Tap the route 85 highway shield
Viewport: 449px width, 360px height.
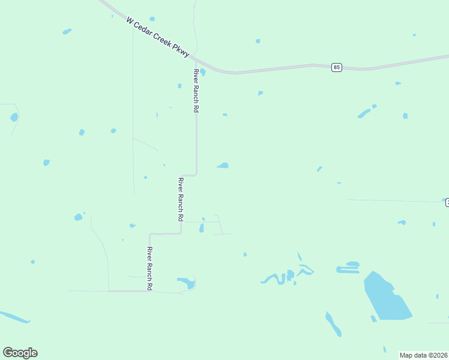coord(336,67)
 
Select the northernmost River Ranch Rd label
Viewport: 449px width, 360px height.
coord(196,91)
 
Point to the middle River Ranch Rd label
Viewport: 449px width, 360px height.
coord(180,199)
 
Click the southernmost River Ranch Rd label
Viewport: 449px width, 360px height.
coord(150,269)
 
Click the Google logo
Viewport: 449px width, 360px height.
coord(20,353)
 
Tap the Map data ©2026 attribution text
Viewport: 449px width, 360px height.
coord(424,355)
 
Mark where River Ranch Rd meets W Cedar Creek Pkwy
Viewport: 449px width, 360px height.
coord(196,60)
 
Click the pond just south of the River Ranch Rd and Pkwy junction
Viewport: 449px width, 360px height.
coord(203,73)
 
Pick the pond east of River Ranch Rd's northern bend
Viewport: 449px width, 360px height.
coord(223,165)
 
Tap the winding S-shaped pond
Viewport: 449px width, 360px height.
coord(275,278)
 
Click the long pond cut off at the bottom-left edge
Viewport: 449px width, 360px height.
coord(13,317)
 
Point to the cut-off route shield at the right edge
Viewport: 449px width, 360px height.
coord(447,203)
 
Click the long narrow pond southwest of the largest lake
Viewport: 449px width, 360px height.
coord(333,324)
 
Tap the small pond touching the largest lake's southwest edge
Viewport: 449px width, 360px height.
coord(373,318)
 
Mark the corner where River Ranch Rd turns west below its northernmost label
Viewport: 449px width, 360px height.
coord(196,175)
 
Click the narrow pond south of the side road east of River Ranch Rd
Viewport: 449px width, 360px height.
coord(201,228)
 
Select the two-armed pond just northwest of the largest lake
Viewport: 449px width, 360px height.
coord(348,267)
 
